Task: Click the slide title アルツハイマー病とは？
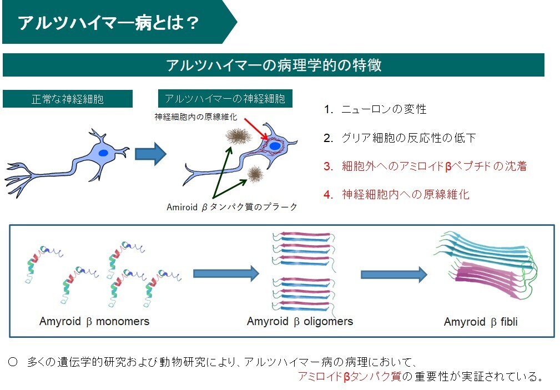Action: (109, 23)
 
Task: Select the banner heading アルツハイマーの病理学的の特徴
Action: (274, 65)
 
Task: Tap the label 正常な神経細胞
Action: (68, 99)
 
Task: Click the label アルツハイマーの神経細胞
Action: (225, 98)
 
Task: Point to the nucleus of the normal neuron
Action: (103, 153)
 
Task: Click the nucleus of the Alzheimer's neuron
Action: (275, 146)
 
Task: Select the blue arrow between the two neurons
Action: (151, 154)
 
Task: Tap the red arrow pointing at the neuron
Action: (256, 129)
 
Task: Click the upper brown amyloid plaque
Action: (239, 136)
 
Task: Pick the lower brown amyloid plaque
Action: (255, 174)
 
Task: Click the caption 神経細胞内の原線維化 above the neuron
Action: (196, 117)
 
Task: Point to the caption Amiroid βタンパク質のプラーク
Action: (232, 207)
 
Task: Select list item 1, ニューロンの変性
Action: (375, 109)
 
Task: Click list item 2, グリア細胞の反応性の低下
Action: (400, 138)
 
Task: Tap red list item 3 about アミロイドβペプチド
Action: (425, 166)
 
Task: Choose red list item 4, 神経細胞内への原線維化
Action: (396, 194)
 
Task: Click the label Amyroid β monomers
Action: (94, 321)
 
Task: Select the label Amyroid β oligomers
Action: (300, 321)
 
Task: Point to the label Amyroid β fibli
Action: (481, 322)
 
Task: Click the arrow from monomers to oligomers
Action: (226, 273)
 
